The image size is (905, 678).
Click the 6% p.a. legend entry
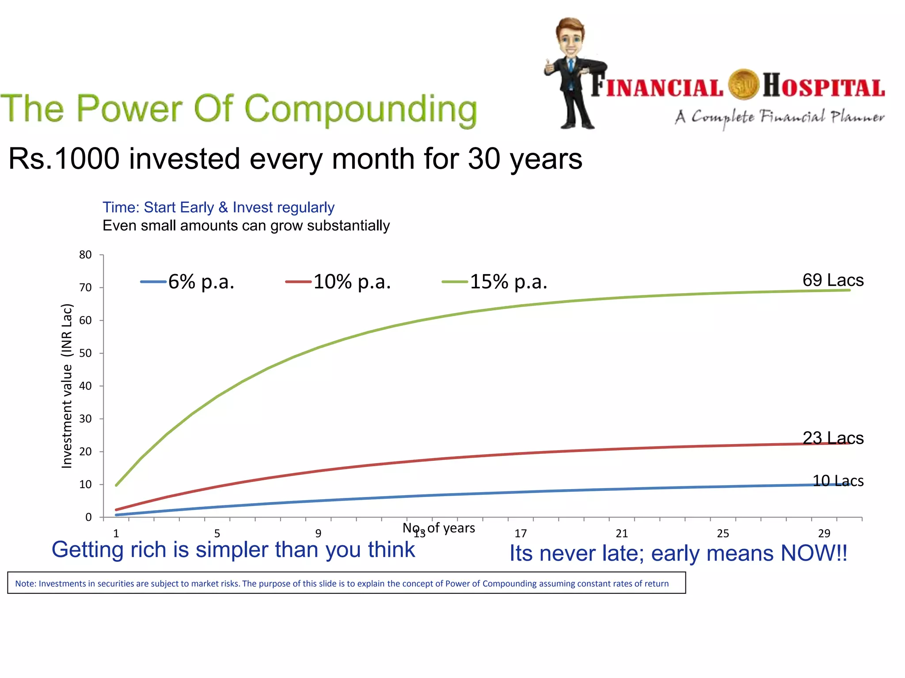point(188,282)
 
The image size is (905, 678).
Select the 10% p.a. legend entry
point(339,282)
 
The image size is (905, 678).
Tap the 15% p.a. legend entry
point(495,282)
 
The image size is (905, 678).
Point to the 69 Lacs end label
point(833,280)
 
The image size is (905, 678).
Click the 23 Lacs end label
point(833,438)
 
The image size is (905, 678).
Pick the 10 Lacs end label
point(837,481)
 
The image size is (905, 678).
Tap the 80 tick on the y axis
point(85,255)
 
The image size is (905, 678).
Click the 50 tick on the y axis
point(85,353)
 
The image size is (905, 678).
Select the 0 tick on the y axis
point(88,517)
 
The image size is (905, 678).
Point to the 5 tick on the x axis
point(217,534)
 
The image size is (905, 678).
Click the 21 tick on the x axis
point(622,534)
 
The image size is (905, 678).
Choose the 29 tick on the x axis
point(824,534)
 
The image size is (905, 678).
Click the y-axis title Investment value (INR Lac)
point(67,386)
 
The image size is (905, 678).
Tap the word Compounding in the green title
point(360,109)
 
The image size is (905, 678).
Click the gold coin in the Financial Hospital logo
point(743,85)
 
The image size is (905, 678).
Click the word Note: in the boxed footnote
point(26,584)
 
